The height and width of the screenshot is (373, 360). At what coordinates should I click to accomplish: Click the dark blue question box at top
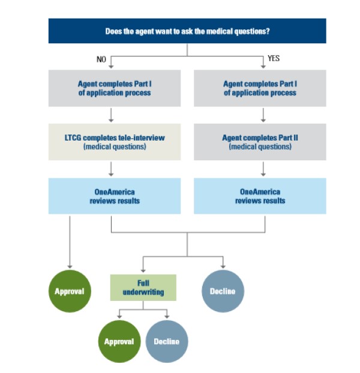[x=187, y=31]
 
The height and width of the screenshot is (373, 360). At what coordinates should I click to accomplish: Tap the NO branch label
[x=101, y=59]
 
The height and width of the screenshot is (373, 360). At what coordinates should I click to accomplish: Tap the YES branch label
[x=274, y=59]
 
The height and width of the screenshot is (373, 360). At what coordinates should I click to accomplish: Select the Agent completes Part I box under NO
[x=114, y=88]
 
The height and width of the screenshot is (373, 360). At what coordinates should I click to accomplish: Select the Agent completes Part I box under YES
[x=260, y=88]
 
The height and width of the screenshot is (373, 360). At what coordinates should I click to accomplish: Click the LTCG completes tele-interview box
[x=114, y=142]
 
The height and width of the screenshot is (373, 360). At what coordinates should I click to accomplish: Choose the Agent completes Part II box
[x=260, y=142]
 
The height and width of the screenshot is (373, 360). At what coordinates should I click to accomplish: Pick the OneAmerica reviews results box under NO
[x=114, y=196]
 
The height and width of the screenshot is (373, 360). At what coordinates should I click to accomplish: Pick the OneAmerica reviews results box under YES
[x=260, y=196]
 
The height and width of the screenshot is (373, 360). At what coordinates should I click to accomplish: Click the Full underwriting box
[x=143, y=287]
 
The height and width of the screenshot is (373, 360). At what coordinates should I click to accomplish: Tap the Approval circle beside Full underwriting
[x=70, y=291]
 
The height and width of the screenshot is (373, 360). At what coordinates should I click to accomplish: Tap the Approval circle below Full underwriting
[x=118, y=341]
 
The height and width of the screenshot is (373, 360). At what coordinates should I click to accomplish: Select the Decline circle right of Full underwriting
[x=223, y=291]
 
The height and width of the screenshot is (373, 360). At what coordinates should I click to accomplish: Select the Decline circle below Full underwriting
[x=167, y=341]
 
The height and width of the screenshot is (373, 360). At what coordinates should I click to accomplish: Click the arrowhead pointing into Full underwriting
[x=143, y=269]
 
